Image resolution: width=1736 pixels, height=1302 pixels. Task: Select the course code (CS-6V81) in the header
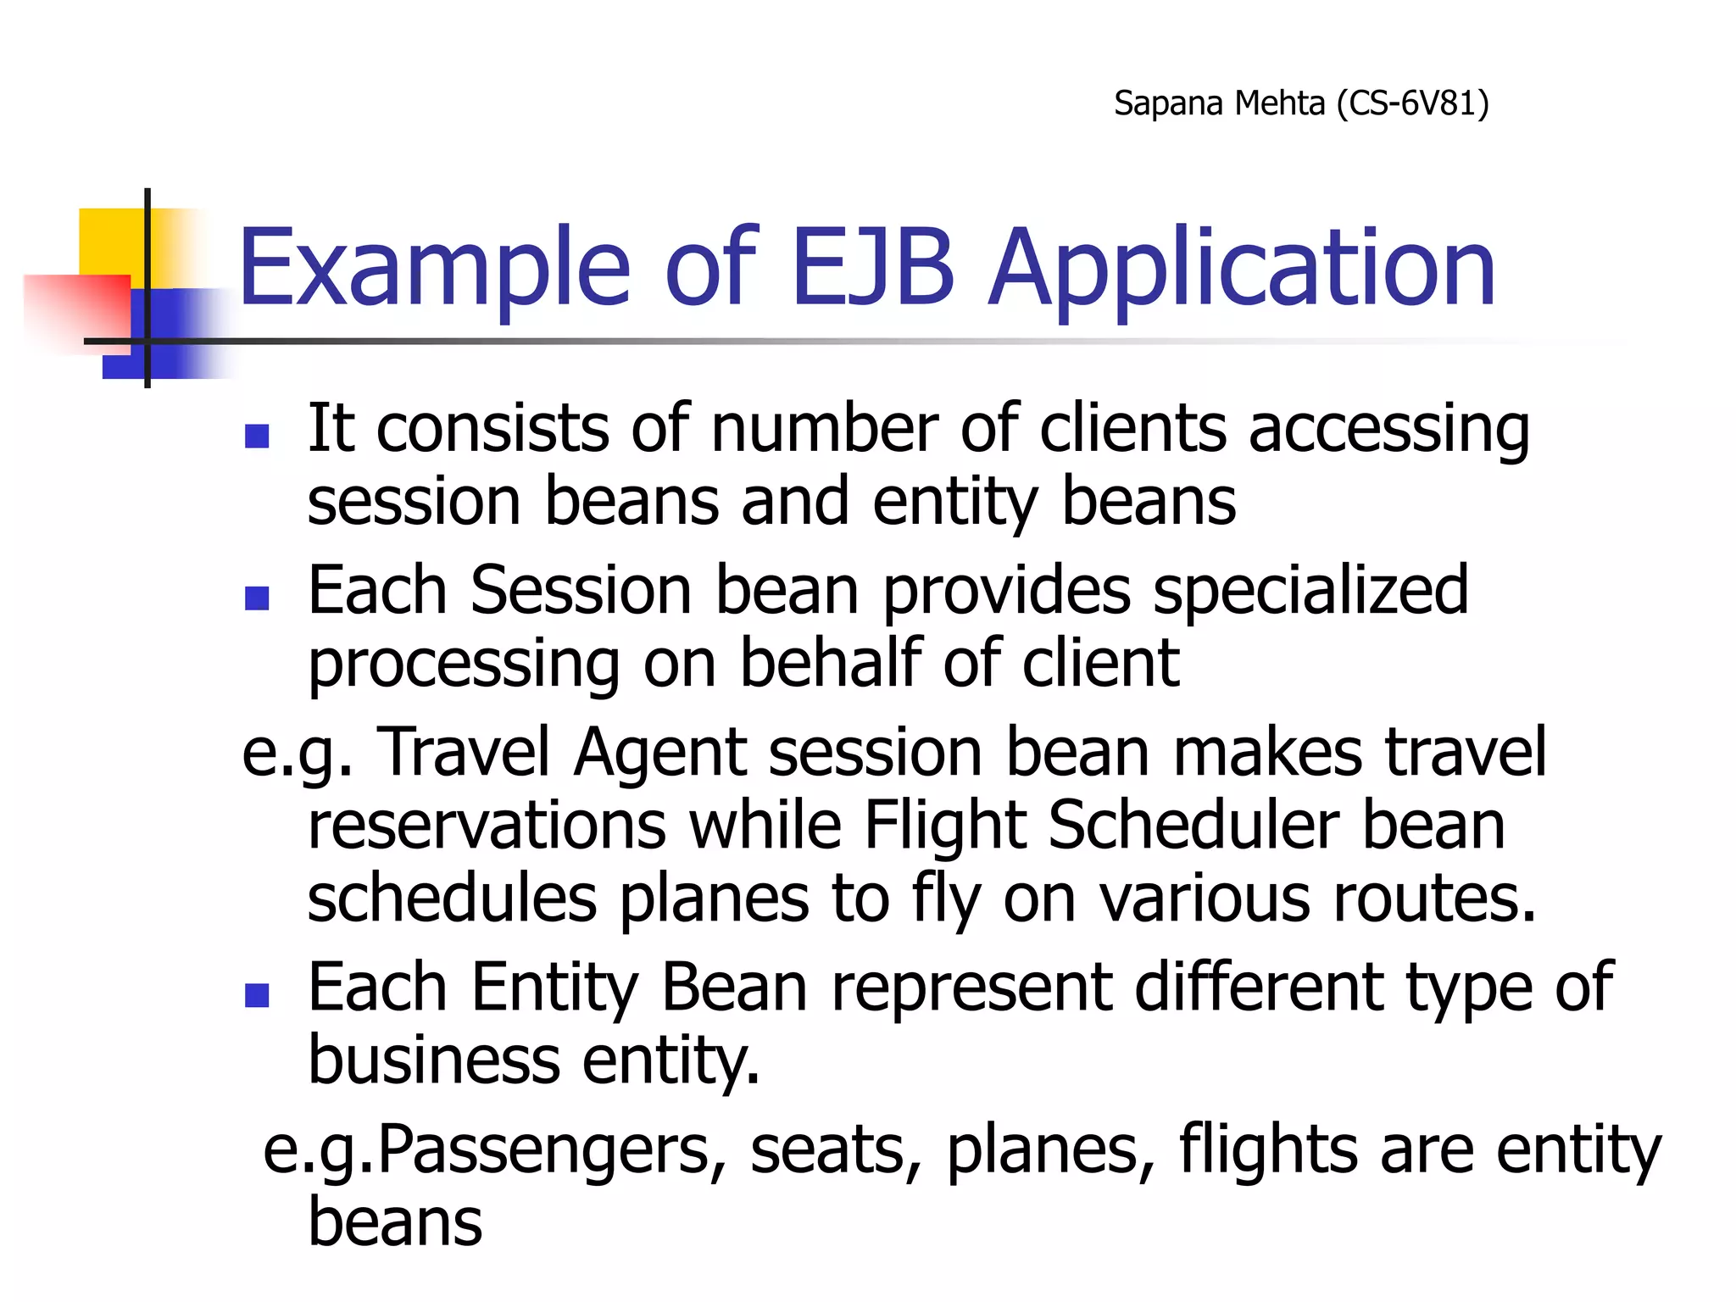1412,103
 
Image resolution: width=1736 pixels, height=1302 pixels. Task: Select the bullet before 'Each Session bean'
257,598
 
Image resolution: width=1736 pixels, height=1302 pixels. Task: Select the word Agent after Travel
659,753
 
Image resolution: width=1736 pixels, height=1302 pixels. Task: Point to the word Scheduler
1193,826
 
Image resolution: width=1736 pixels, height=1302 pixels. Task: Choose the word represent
971,988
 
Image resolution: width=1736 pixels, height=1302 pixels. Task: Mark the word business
434,1061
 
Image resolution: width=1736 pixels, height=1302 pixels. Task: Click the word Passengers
551,1151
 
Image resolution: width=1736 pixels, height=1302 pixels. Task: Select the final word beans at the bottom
395,1222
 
